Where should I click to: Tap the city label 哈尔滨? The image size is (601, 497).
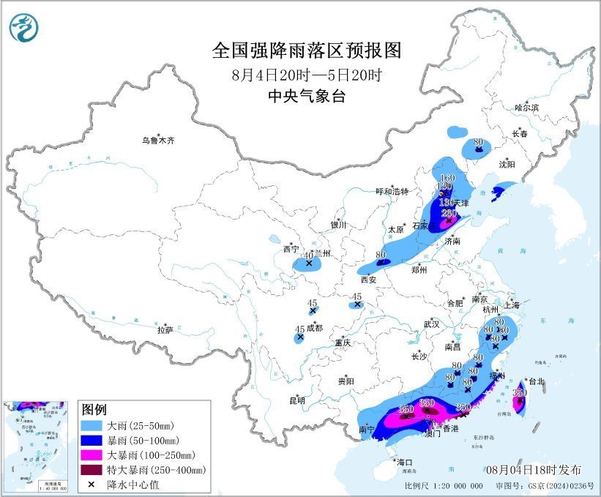pos(526,108)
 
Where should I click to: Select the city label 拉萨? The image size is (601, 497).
pos(165,330)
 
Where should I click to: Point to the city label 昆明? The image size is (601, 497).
pos(296,400)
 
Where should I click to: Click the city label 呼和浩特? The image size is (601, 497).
pos(395,192)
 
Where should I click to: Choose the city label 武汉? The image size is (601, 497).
pos(430,324)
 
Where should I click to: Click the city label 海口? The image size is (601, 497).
pos(405,462)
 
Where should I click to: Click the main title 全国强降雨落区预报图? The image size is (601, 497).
pos(307,51)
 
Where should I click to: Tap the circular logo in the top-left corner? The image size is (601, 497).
pos(24,28)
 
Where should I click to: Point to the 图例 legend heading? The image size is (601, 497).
pos(94,408)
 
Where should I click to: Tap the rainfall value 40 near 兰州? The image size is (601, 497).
pos(308,255)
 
